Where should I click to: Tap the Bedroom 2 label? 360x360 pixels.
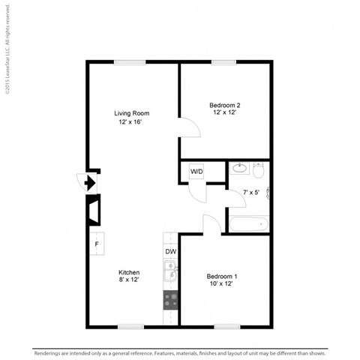(x=223, y=105)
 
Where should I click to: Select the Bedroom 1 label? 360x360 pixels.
(x=223, y=276)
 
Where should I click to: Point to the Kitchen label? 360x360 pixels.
(x=129, y=271)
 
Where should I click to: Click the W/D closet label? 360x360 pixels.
(x=196, y=172)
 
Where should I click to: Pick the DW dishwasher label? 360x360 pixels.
(x=171, y=251)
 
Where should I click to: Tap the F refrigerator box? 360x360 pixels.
(x=97, y=243)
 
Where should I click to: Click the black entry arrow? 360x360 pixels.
(x=89, y=181)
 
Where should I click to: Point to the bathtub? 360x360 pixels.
(x=248, y=223)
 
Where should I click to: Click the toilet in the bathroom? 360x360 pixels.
(x=258, y=171)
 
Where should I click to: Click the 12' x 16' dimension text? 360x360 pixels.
(x=129, y=121)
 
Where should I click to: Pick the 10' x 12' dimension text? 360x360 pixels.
(x=223, y=285)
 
